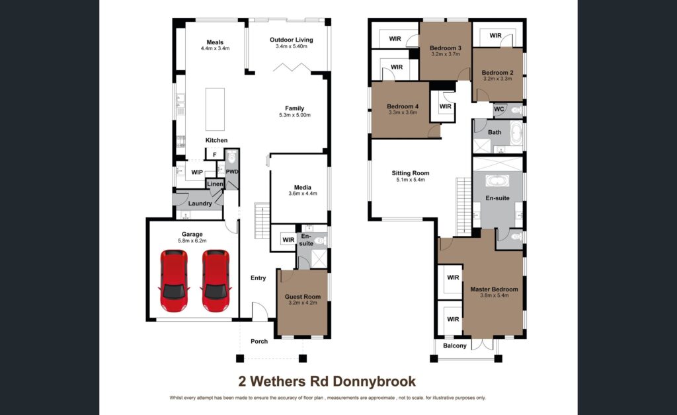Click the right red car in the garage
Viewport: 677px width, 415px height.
216,281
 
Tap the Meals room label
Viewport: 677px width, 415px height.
215,42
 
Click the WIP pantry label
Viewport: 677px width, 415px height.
197,172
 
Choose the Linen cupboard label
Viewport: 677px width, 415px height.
215,184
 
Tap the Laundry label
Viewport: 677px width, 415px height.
200,204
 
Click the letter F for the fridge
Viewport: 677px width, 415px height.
214,155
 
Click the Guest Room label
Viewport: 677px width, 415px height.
302,297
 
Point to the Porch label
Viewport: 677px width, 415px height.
259,342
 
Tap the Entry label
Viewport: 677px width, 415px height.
258,278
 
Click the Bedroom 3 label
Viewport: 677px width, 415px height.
445,48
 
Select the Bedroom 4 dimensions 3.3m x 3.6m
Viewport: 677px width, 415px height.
402,113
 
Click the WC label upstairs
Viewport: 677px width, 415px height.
499,109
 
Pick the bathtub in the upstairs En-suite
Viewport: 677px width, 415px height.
497,181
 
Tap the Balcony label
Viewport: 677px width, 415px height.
454,346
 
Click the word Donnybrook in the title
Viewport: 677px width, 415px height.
378,381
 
